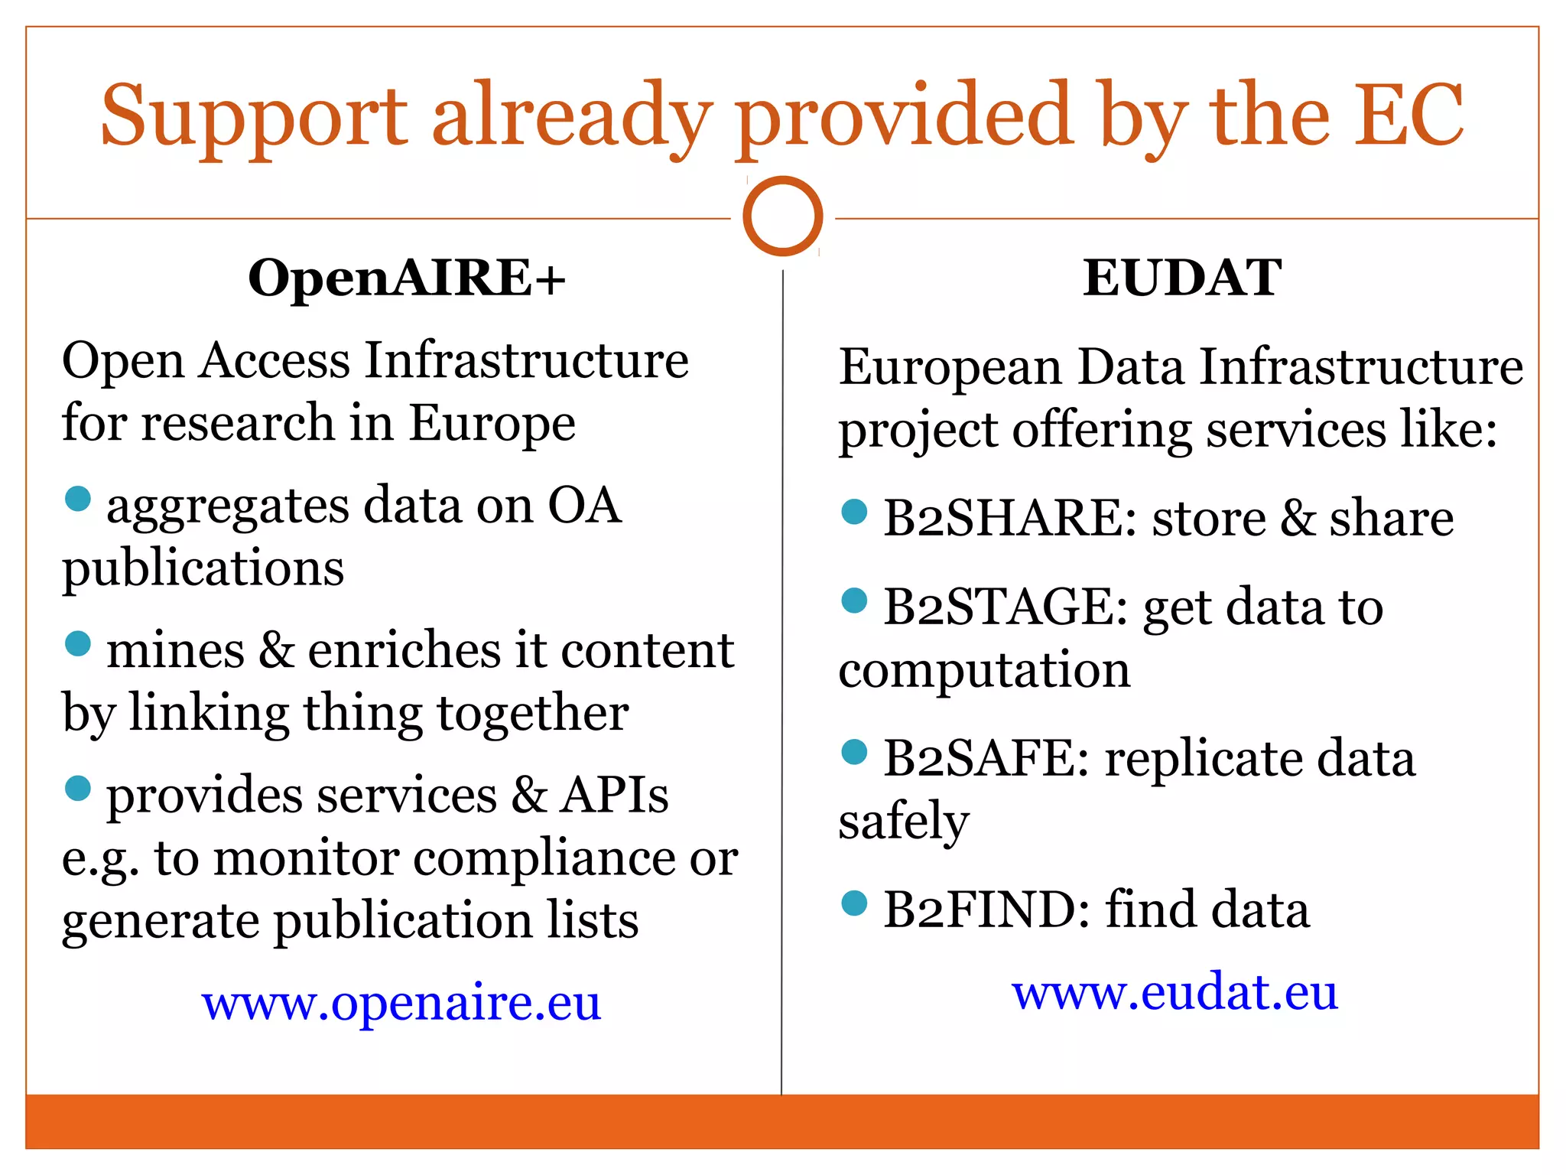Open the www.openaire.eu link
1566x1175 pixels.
[x=401, y=1002]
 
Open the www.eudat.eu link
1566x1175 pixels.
[x=1174, y=992]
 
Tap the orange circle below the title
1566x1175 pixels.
[x=782, y=216]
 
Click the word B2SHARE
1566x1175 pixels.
[x=1010, y=518]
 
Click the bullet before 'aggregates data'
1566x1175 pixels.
[x=78, y=499]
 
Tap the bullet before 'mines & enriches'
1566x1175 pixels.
[x=78, y=643]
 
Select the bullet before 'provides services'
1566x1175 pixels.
[x=78, y=788]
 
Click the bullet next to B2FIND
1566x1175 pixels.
[x=854, y=903]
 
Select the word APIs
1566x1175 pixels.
[x=614, y=795]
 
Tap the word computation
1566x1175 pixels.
[x=984, y=670]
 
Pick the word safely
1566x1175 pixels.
[x=904, y=822]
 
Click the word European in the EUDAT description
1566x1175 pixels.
[x=950, y=367]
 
